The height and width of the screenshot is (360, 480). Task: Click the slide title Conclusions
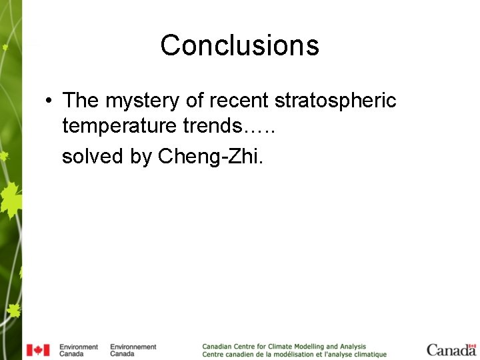pos(239,45)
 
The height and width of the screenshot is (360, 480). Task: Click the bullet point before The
pos(49,101)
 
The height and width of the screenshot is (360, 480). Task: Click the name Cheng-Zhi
pos(212,156)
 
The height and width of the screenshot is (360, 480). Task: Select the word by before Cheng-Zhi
pos(141,156)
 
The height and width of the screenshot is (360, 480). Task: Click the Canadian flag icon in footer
pos(38,350)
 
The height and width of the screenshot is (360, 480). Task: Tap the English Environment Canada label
pos(78,350)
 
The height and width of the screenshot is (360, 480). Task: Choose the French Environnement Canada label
pos(133,350)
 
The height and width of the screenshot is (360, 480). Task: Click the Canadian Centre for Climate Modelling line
pos(284,347)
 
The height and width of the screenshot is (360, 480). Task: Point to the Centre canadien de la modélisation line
pos(294,355)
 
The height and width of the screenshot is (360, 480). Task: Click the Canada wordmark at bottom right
pos(451,351)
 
